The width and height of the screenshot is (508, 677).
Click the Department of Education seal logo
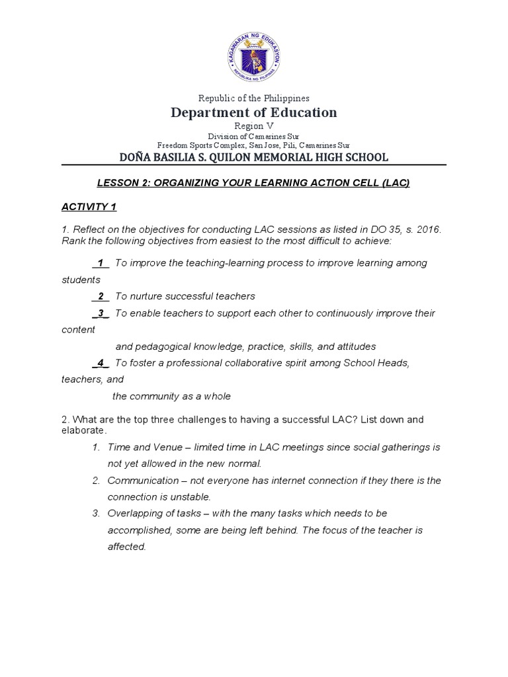click(x=254, y=58)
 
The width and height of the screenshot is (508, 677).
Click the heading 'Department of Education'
click(x=254, y=112)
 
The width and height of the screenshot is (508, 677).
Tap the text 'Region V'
click(x=254, y=126)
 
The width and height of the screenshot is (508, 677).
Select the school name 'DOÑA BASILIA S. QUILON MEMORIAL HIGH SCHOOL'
click(x=254, y=157)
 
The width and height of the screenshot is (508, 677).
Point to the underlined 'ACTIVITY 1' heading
click(x=89, y=207)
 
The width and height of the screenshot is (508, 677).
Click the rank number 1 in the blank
click(x=101, y=263)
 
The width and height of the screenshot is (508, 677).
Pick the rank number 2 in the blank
click(x=101, y=296)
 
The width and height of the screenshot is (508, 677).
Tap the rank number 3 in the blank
click(x=101, y=313)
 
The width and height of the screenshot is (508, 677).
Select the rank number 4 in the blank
click(x=101, y=363)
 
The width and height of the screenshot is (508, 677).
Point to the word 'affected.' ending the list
click(x=126, y=547)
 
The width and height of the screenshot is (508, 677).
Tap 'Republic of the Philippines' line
click(x=254, y=98)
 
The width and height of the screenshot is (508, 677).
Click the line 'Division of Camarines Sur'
click(x=254, y=136)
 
